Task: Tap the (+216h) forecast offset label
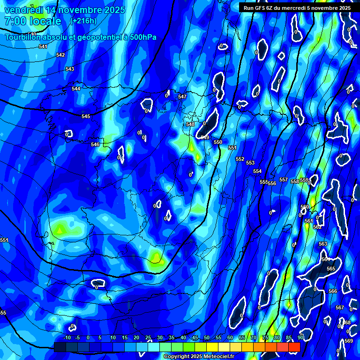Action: tap(83, 21)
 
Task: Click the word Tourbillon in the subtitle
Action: tap(23, 37)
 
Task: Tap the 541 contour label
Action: tap(43, 46)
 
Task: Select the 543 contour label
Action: tap(70, 69)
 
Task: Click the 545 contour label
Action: tap(86, 116)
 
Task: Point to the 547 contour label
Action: tap(182, 97)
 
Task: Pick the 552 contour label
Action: tap(240, 159)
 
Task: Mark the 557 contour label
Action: tap(284, 180)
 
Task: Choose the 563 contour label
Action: tap(323, 244)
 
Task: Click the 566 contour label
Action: tap(333, 291)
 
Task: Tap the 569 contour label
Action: tap(349, 341)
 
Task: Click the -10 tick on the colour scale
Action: tap(67, 337)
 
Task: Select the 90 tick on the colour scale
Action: tap(300, 337)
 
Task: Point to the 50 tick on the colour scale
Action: tap(207, 337)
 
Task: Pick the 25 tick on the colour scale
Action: tap(148, 337)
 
